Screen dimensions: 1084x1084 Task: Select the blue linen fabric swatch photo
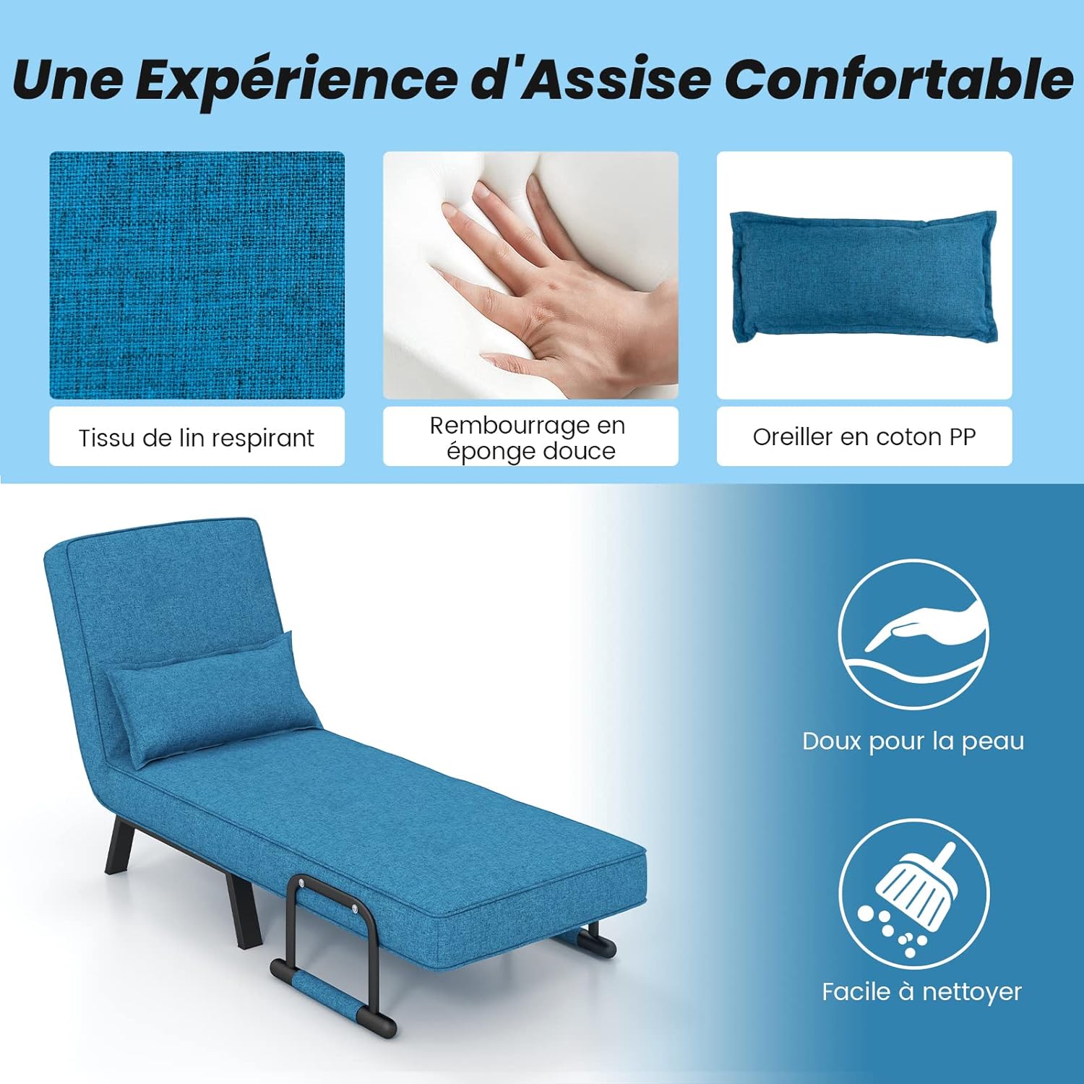pyautogui.click(x=197, y=275)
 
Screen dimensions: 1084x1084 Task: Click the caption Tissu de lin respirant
pyautogui.click(x=197, y=438)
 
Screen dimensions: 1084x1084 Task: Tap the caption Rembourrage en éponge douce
pyautogui.click(x=530, y=437)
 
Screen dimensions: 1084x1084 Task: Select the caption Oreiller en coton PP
pyautogui.click(x=864, y=436)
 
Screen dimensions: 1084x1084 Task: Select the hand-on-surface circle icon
pyautogui.click(x=913, y=635)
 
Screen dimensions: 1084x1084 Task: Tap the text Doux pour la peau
pyautogui.click(x=913, y=741)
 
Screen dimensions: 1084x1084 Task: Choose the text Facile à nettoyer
pyautogui.click(x=921, y=991)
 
